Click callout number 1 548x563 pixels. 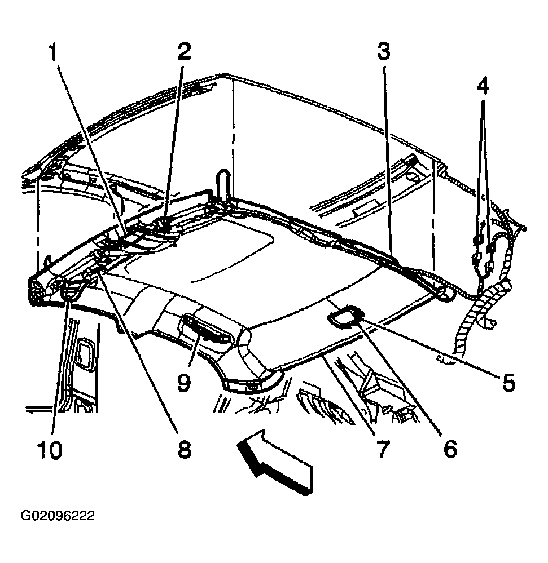53,53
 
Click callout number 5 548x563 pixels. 509,382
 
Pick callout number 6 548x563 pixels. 449,449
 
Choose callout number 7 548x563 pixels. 383,449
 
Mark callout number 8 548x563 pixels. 184,449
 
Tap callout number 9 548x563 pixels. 183,382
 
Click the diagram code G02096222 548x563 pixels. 58,516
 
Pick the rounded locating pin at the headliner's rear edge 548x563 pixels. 223,183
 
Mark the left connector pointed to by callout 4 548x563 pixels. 477,240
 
